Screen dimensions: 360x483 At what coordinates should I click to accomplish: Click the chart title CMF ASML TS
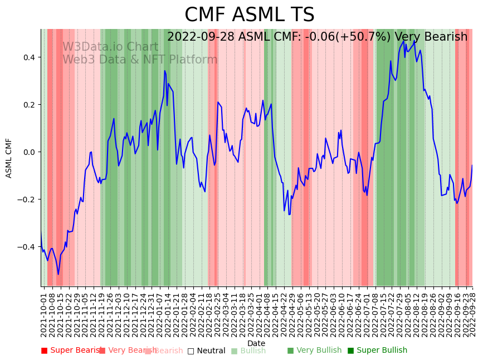pyautogui.click(x=249, y=15)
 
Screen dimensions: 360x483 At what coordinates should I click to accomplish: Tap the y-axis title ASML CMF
pyautogui.click(x=9, y=158)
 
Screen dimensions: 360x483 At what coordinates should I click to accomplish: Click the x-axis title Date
pyautogui.click(x=256, y=343)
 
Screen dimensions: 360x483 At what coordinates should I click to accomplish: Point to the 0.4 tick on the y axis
pyautogui.click(x=28, y=57)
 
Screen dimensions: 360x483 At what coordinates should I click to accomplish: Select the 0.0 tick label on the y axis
pyautogui.click(x=28, y=152)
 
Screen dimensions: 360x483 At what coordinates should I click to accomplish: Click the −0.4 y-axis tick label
pyautogui.click(x=26, y=247)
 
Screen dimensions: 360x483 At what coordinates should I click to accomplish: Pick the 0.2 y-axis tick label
pyautogui.click(x=28, y=105)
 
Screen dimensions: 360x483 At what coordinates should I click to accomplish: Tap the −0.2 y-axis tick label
pyautogui.click(x=26, y=200)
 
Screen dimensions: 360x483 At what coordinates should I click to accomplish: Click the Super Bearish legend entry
pyautogui.click(x=71, y=351)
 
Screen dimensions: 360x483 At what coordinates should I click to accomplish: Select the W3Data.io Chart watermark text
pyautogui.click(x=110, y=47)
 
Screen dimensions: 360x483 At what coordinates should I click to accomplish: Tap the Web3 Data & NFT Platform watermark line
pyautogui.click(x=140, y=60)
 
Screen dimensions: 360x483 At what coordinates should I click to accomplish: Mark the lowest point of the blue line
pyautogui.click(x=58, y=274)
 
